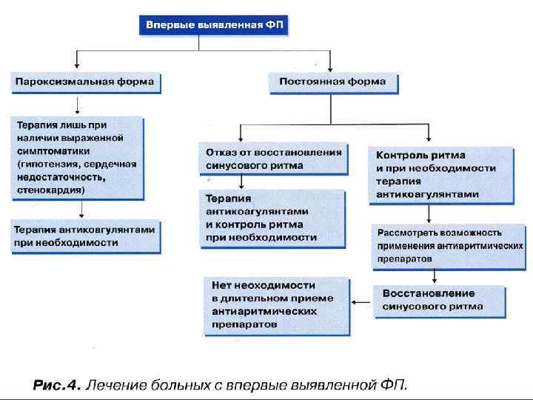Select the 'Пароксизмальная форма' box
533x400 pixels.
[x=85, y=81]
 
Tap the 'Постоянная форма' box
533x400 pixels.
[x=332, y=81]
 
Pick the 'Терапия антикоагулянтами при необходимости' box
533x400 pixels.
[x=85, y=236]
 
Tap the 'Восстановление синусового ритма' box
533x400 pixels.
[x=440, y=301]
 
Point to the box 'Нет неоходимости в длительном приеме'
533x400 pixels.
[x=275, y=304]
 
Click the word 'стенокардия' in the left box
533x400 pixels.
[x=50, y=190]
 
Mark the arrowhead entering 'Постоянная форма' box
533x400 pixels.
[x=330, y=67]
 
